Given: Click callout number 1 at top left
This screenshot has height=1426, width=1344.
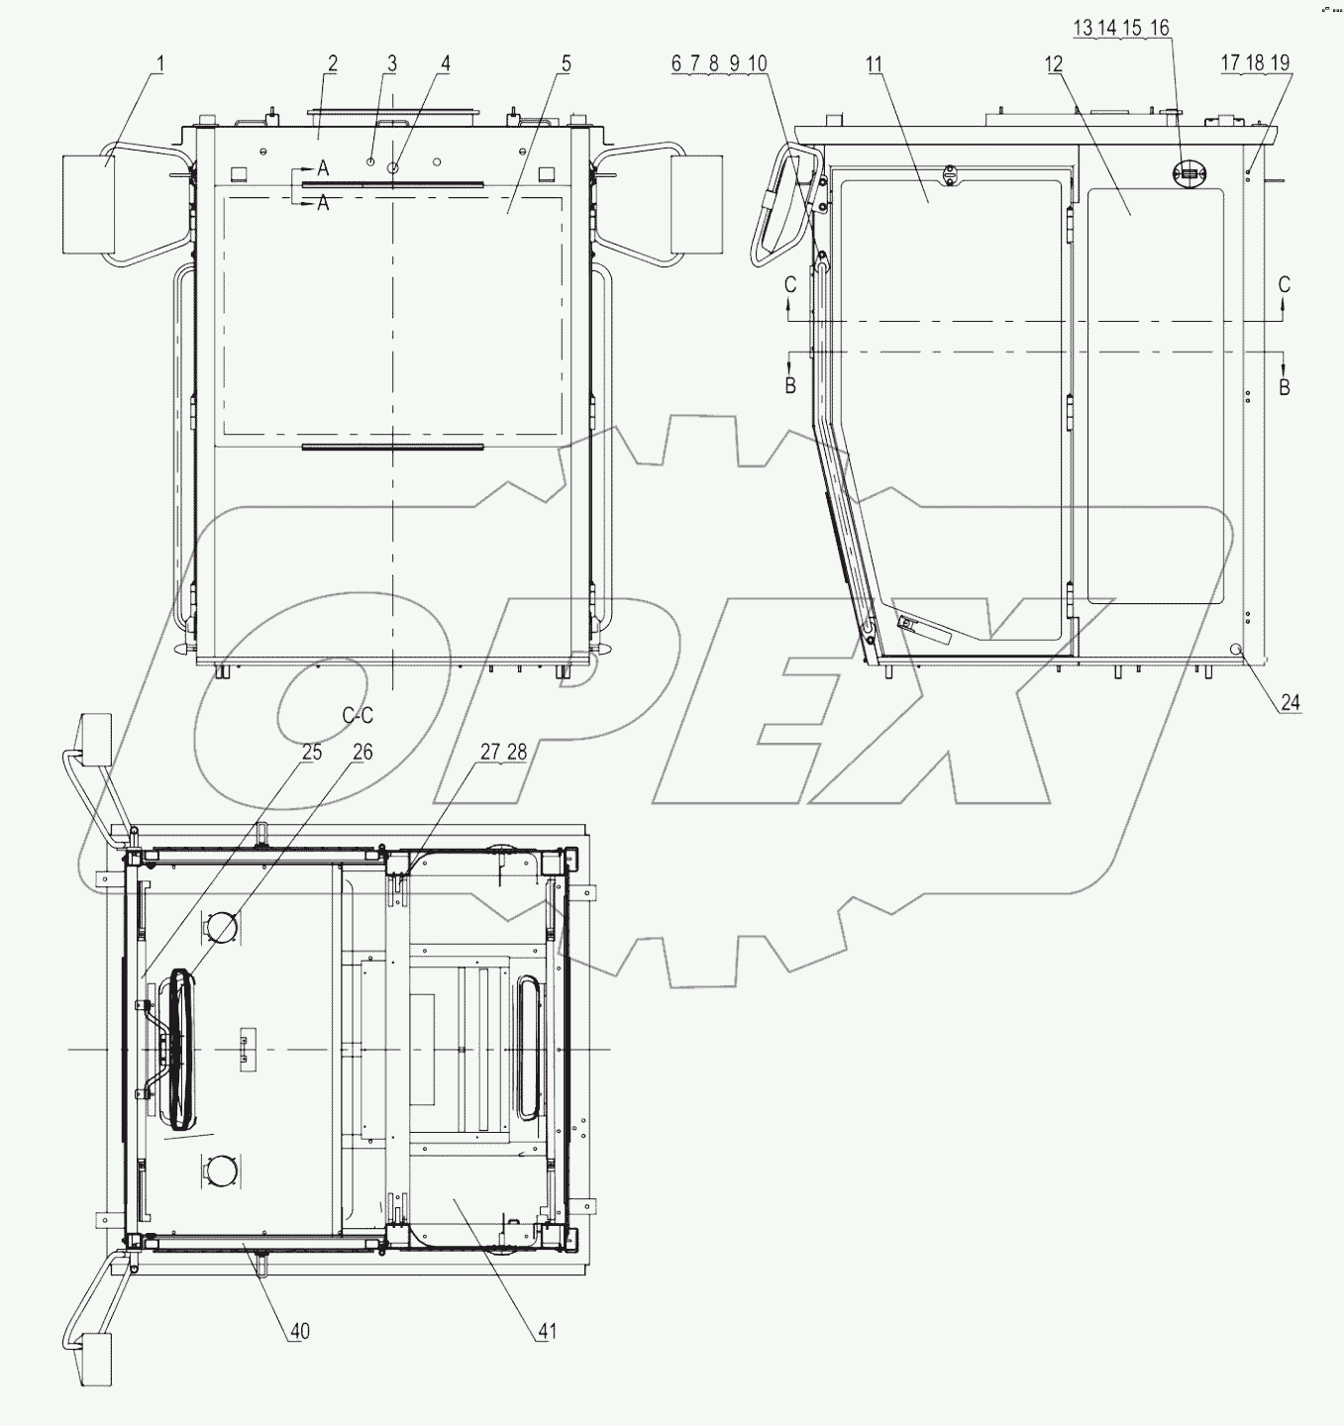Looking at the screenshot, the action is click(160, 64).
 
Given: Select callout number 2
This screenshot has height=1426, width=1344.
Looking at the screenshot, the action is click(333, 64).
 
